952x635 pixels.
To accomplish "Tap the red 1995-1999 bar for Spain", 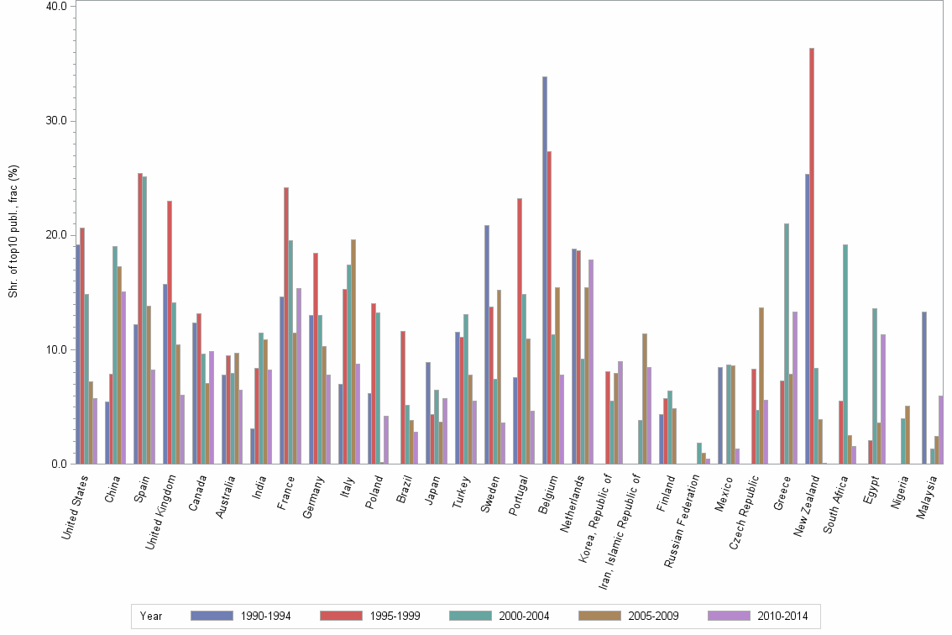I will click(140, 318).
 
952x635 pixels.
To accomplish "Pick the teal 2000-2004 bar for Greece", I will click(787, 344).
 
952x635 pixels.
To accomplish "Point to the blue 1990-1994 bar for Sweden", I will click(487, 344).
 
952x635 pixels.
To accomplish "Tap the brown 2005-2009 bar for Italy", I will click(353, 352).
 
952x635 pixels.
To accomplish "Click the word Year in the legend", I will click(151, 616).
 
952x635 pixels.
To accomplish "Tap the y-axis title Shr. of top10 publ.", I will click(13, 231).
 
